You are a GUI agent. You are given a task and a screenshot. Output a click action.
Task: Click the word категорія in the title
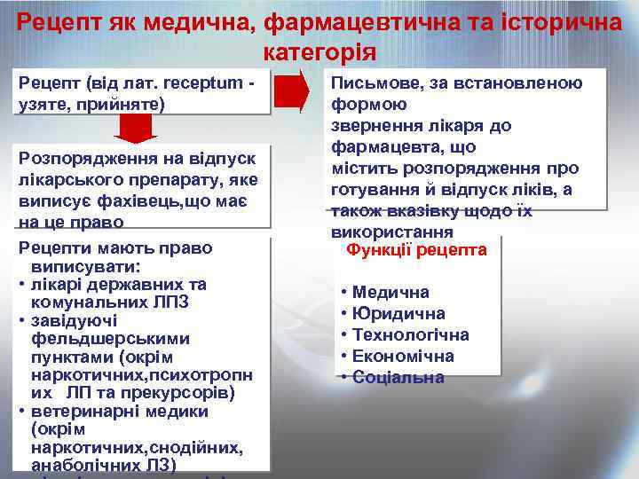point(319,51)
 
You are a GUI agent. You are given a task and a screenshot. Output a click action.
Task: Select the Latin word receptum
point(198,83)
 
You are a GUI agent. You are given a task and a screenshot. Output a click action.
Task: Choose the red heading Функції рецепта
point(416,250)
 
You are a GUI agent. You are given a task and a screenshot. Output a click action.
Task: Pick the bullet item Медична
point(390,292)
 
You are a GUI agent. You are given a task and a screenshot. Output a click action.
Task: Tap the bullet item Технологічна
point(410,334)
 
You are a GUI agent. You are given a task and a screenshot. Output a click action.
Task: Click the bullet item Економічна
point(403,356)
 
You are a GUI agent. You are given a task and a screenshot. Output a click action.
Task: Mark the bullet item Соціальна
point(398,377)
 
